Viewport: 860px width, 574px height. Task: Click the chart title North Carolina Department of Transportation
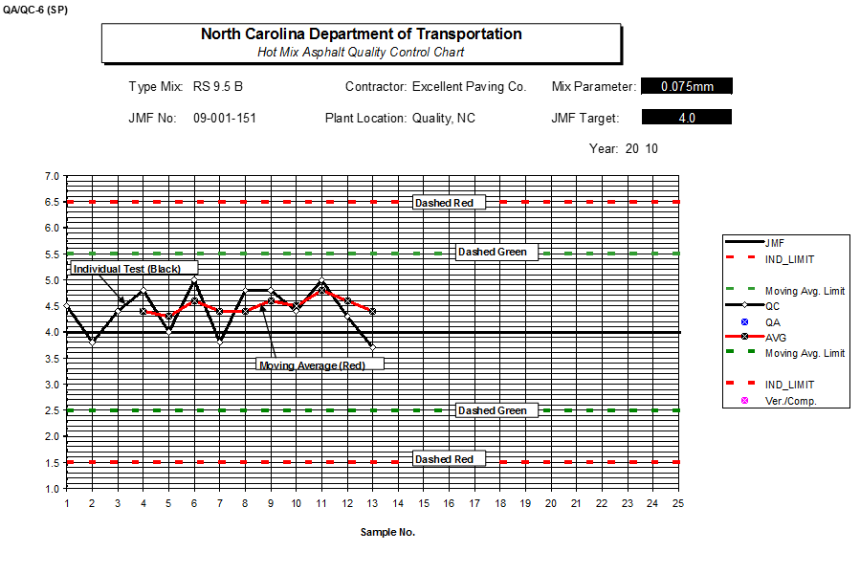pyautogui.click(x=361, y=33)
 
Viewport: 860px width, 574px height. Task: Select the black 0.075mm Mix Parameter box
pyautogui.click(x=686, y=87)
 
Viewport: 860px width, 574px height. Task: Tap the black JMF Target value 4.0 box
pyautogui.click(x=686, y=118)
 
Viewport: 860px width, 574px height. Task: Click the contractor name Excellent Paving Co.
pyautogui.click(x=469, y=87)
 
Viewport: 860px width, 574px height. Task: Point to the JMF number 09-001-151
pyautogui.click(x=224, y=119)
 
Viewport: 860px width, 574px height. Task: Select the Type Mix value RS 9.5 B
pyautogui.click(x=217, y=87)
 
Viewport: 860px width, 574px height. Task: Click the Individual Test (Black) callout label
pyautogui.click(x=133, y=269)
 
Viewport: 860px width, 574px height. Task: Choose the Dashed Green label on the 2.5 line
pyautogui.click(x=492, y=410)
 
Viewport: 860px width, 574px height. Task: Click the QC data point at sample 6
pyautogui.click(x=194, y=280)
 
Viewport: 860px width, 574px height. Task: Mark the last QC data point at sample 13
pyautogui.click(x=372, y=347)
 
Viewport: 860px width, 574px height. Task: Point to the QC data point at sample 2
pyautogui.click(x=92, y=342)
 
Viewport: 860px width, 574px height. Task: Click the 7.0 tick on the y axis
pyautogui.click(x=51, y=176)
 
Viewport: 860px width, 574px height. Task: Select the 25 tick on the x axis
pyautogui.click(x=678, y=503)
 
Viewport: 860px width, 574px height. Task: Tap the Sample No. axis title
pyautogui.click(x=387, y=532)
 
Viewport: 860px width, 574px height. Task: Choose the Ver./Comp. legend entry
pyautogui.click(x=789, y=401)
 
